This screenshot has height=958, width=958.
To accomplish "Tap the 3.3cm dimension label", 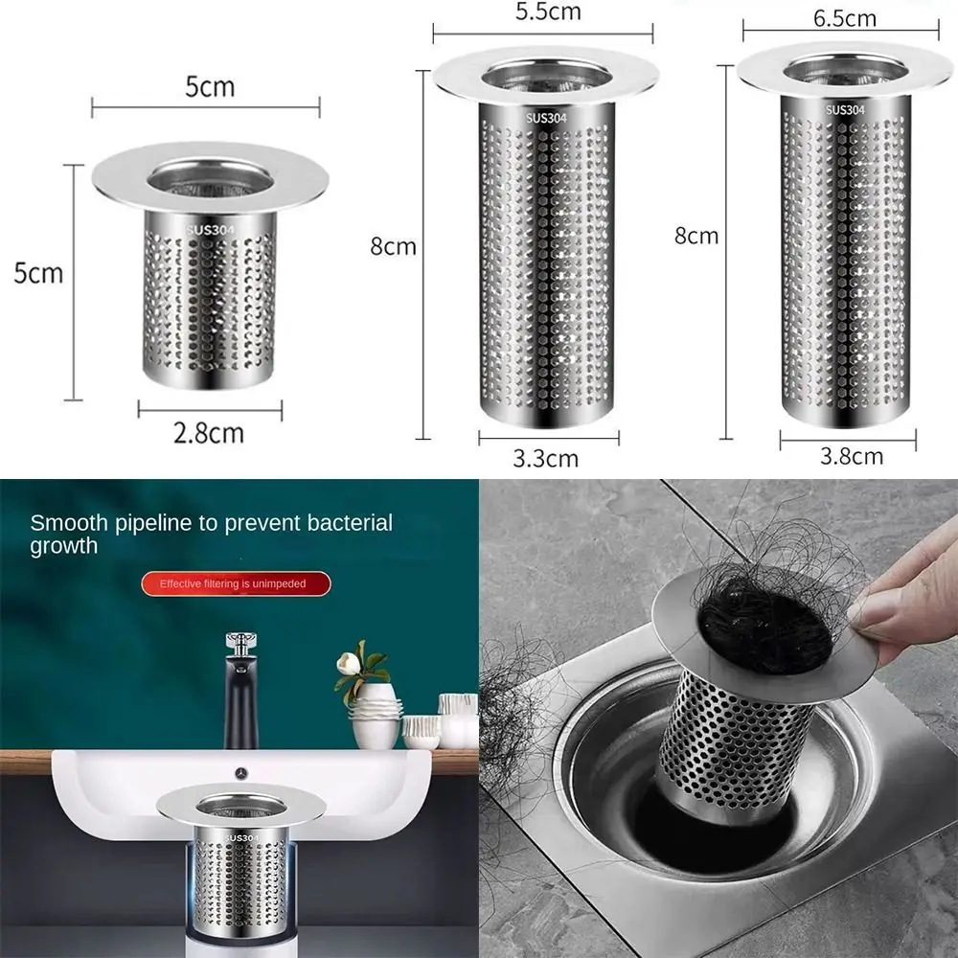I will pyautogui.click(x=546, y=457).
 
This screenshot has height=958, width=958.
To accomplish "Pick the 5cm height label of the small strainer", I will pyautogui.click(x=38, y=273).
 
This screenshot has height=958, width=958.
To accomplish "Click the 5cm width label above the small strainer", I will pyautogui.click(x=210, y=87).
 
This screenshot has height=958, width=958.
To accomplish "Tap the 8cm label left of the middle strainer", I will pyautogui.click(x=393, y=246).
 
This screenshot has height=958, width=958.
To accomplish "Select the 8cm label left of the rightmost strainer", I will pyautogui.click(x=696, y=235).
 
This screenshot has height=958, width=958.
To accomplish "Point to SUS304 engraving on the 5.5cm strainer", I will pyautogui.click(x=547, y=118).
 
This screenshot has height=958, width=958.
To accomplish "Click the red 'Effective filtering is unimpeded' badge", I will pyautogui.click(x=236, y=582).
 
